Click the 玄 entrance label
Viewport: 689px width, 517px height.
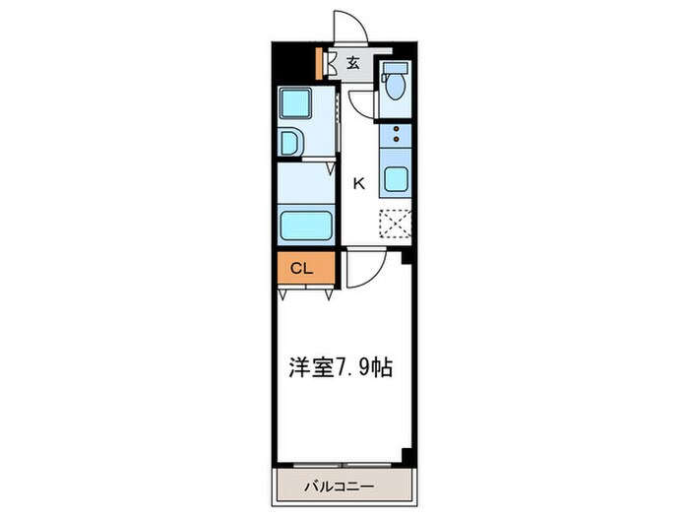(x=353, y=65)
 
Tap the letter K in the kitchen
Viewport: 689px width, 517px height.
(x=359, y=182)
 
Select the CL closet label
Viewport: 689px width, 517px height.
(x=300, y=268)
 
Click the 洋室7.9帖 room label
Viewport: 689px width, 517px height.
(x=341, y=368)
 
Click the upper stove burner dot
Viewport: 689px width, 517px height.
(x=397, y=129)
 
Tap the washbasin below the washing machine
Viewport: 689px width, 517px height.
(x=293, y=143)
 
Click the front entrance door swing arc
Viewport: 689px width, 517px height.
(x=350, y=26)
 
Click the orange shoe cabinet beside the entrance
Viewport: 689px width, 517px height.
(x=320, y=65)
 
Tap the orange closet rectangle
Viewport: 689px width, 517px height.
(x=307, y=268)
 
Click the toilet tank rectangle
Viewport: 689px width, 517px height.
(x=396, y=68)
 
